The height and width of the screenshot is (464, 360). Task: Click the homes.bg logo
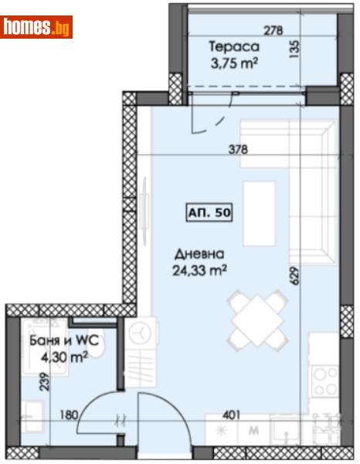point(36,27)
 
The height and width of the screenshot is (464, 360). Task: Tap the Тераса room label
point(234,46)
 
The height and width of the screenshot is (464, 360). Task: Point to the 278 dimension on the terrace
point(273,30)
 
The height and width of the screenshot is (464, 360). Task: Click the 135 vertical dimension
point(294,49)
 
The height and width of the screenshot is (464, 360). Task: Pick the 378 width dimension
point(238,149)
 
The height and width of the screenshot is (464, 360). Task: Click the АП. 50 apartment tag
point(209,212)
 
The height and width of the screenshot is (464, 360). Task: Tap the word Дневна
point(200,254)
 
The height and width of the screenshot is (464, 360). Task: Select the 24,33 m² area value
point(200,270)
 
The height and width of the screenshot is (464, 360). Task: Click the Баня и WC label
point(64,340)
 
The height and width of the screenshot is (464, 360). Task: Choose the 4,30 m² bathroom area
point(64,357)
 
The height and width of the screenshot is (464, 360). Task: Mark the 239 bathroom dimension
point(45,381)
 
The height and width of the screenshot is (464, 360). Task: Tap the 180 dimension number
point(69,415)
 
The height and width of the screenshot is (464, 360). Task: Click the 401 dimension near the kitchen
point(231,415)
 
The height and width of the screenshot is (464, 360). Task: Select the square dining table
point(258,320)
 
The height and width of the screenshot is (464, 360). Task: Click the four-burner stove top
point(326,382)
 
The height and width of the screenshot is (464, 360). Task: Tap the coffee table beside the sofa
point(260,213)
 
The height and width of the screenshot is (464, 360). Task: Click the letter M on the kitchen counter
point(254,430)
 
